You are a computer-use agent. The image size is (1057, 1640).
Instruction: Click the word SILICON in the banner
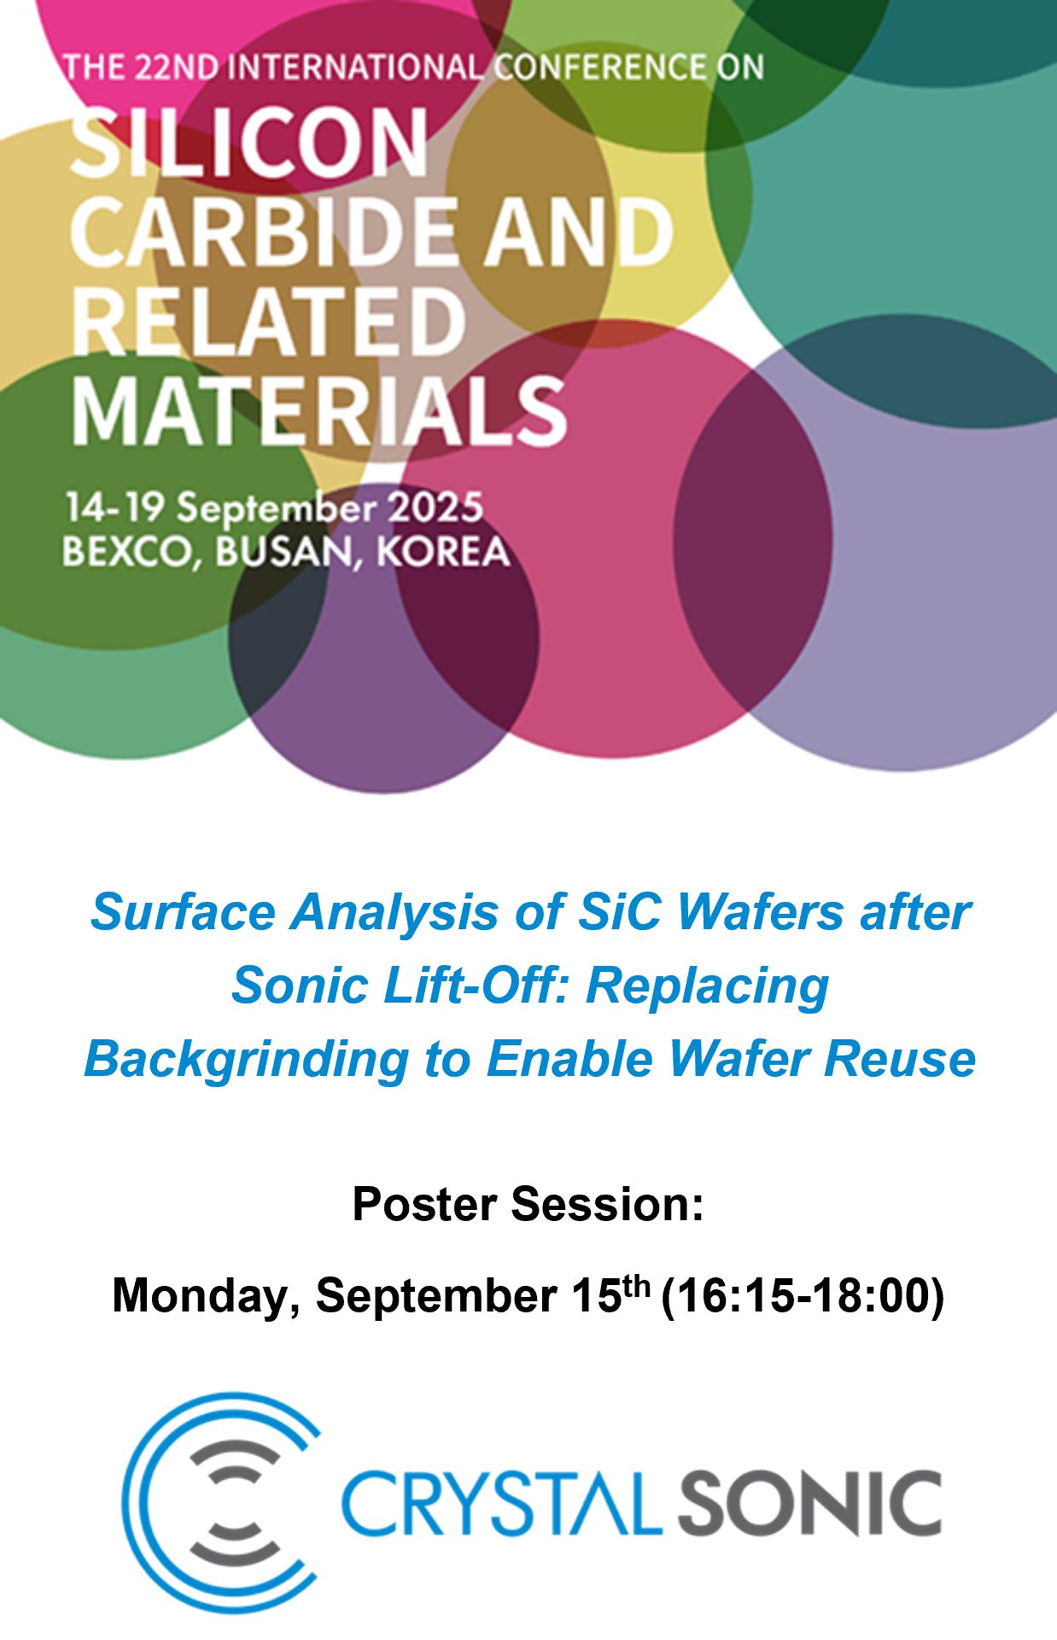pos(248,142)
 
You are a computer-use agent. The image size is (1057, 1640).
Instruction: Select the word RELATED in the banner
pos(267,321)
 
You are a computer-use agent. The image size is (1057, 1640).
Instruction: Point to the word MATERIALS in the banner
pos(319,410)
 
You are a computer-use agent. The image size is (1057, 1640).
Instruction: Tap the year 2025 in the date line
pos(436,509)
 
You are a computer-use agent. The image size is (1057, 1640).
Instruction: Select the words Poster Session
pos(528,1204)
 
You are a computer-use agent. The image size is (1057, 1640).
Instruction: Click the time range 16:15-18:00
pos(803,1295)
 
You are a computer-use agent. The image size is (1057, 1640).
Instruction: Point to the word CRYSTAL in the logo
pos(502,1503)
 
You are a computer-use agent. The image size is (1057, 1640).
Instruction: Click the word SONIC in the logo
pos(809,1503)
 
